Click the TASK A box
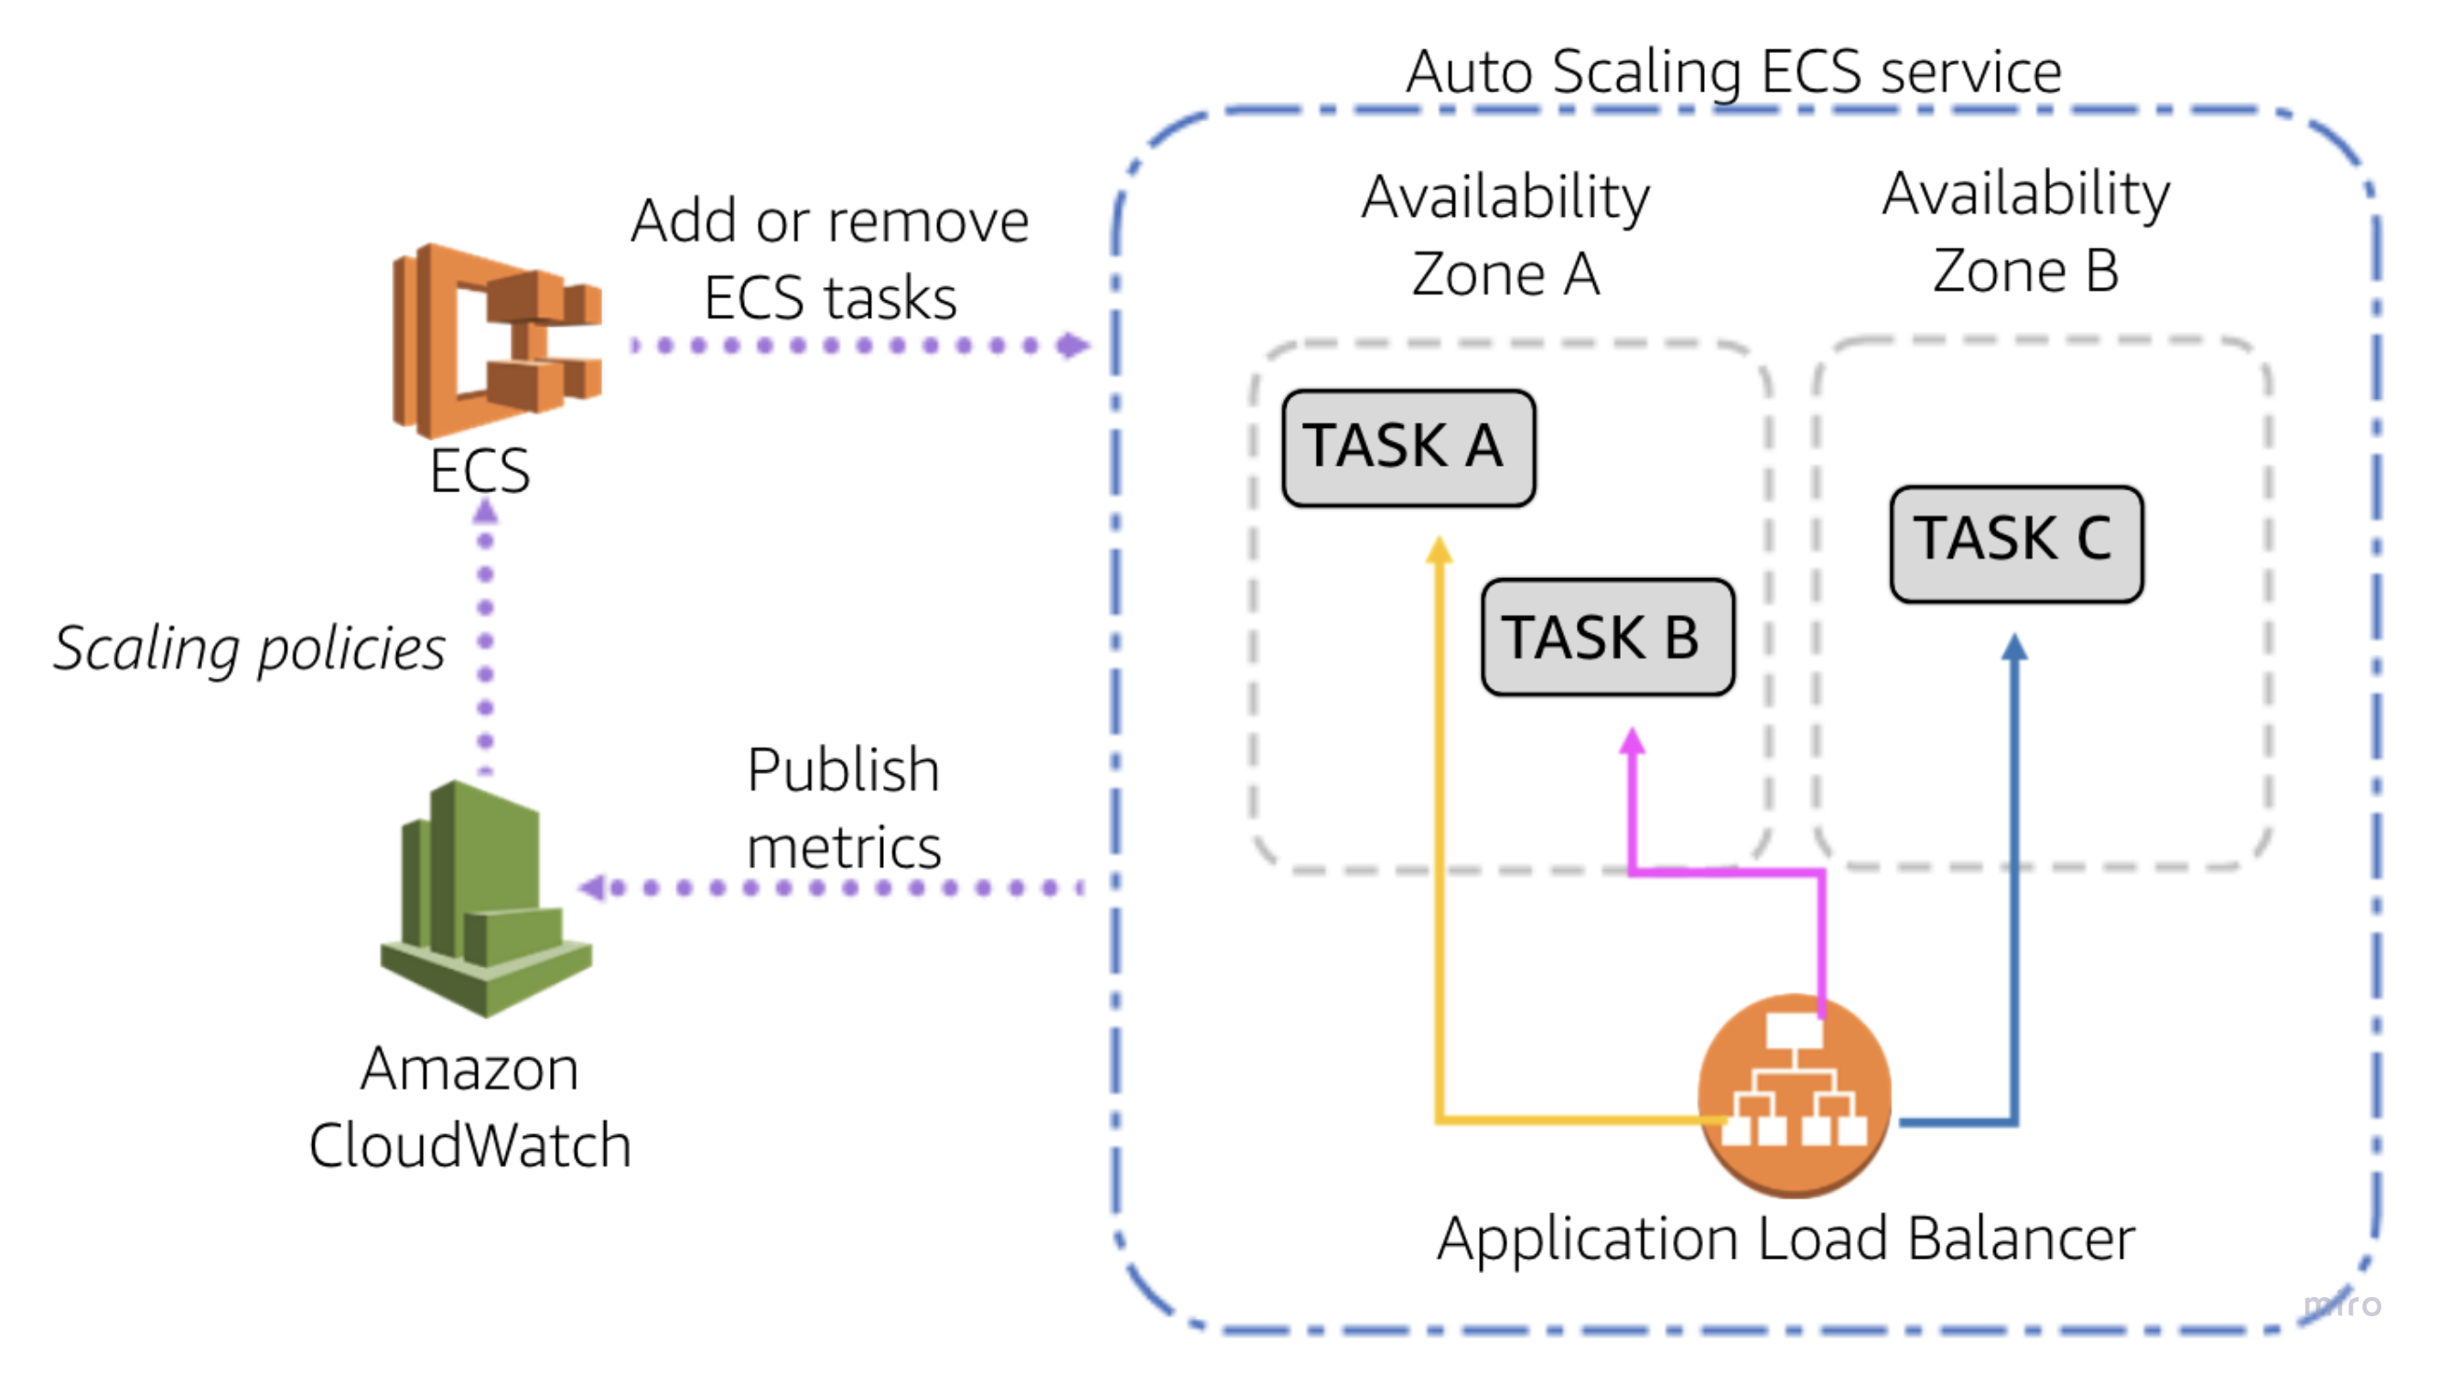tap(1408, 447)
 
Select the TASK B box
tap(1607, 637)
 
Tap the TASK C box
tap(2016, 543)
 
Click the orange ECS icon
tap(497, 340)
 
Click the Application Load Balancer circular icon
tap(1794, 1095)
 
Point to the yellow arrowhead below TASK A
tap(1440, 550)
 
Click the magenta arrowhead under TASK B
tap(1632, 740)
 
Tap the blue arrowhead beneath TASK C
tap(2015, 648)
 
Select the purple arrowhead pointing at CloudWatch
tap(592, 887)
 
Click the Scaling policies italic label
tap(249, 650)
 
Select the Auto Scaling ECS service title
tap(1733, 71)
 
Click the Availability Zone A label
tap(1505, 235)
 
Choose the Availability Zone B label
tap(2025, 231)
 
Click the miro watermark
tap(2342, 1305)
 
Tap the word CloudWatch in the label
tap(470, 1145)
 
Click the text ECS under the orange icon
tap(480, 470)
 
